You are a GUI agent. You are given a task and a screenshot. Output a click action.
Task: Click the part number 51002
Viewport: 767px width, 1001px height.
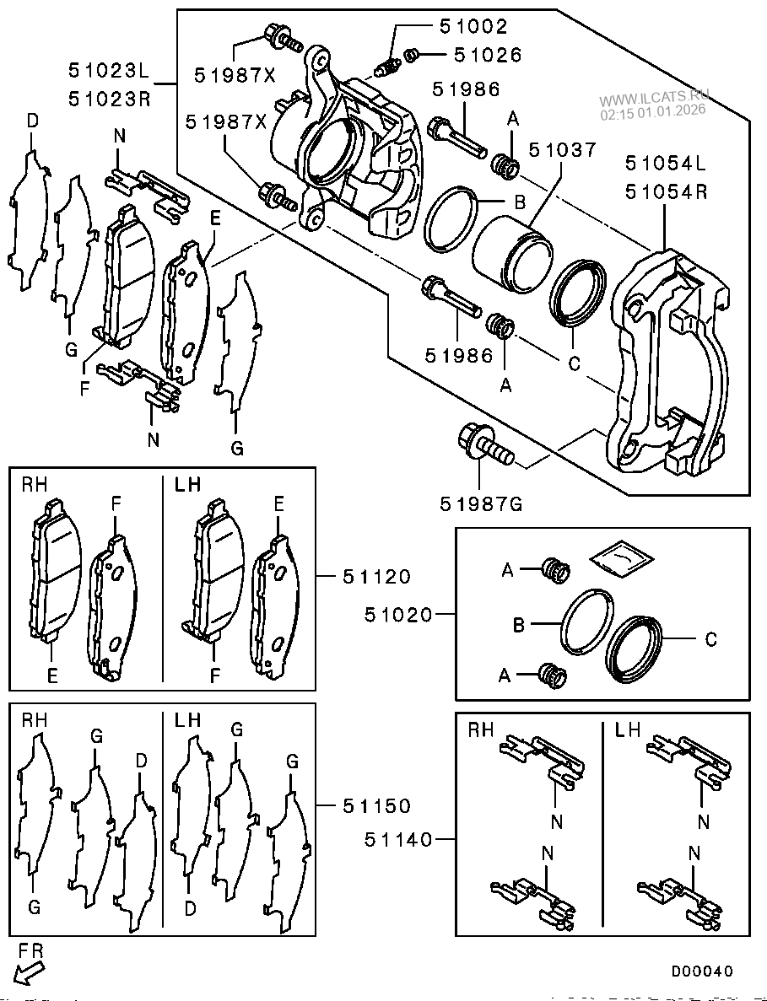[x=473, y=26]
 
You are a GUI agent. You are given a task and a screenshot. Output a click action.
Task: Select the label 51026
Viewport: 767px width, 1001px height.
[x=488, y=55]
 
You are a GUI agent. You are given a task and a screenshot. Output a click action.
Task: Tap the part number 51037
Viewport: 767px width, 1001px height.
[x=562, y=150]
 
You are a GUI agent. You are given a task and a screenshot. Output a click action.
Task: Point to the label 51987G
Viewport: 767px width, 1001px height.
[x=481, y=504]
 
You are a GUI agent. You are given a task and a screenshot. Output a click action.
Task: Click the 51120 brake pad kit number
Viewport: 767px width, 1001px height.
[x=376, y=577]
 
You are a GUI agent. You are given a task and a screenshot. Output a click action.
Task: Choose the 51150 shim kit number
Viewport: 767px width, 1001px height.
[x=376, y=805]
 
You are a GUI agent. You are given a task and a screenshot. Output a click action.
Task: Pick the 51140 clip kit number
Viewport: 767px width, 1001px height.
[x=399, y=839]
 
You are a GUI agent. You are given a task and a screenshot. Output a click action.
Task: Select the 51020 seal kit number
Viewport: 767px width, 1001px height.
[x=398, y=615]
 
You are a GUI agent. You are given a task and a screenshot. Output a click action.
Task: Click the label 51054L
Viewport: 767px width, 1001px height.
[x=667, y=162]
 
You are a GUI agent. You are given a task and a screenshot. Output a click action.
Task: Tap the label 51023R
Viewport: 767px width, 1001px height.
[x=110, y=99]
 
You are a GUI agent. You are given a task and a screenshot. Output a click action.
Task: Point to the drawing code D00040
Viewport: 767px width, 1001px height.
[x=702, y=971]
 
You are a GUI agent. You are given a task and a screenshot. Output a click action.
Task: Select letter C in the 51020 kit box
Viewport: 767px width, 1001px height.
[x=710, y=639]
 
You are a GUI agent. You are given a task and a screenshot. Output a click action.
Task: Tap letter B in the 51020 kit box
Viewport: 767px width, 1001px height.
[x=520, y=625]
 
